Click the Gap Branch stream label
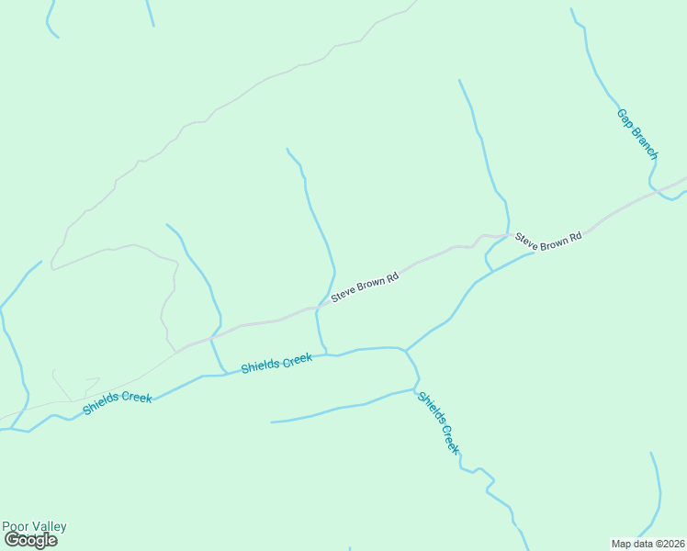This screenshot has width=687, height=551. pos(637,134)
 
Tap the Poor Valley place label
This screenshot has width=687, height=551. pos(34,526)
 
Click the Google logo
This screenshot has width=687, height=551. pos(30,540)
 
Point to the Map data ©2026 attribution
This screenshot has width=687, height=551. pos(648,543)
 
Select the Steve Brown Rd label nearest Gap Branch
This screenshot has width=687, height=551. pos(548,237)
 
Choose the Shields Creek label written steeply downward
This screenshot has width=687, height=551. pos(438,422)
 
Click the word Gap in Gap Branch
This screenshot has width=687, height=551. pos(625,118)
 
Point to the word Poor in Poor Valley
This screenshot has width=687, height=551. pos(16,526)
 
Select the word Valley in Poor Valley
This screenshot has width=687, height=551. pos(49,526)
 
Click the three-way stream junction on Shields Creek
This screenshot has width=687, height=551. pos(405,350)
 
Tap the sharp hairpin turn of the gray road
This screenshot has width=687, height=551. pos(52,266)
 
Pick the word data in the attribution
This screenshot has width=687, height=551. pos(640,543)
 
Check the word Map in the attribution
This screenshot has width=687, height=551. pos(621,543)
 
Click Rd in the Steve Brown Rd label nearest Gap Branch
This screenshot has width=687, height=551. pos(575,238)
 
